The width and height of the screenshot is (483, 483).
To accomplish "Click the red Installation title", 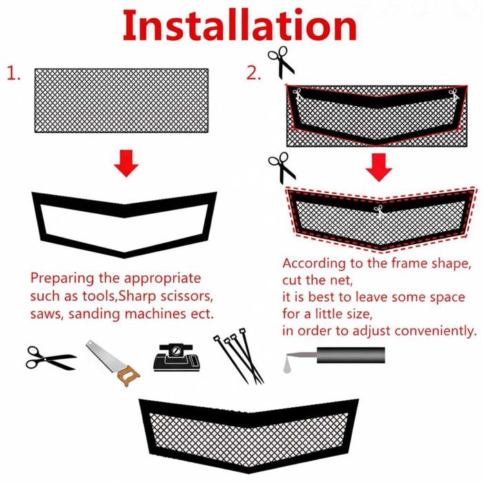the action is tap(239, 26).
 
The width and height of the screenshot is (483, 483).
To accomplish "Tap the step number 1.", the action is tap(14, 74).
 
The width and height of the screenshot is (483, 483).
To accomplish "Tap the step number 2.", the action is tap(253, 74).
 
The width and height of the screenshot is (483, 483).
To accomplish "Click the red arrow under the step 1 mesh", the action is tap(126, 164).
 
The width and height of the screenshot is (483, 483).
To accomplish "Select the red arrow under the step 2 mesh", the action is tap(379, 167).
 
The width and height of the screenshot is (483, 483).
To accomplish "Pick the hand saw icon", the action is tap(112, 363).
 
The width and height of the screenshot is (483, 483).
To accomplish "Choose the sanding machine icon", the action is tap(177, 357).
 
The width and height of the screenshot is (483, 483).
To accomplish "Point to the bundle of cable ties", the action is tap(239, 356).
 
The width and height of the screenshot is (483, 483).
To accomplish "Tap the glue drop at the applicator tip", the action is tap(287, 368).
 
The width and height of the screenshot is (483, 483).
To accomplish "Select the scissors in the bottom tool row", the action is tap(51, 358).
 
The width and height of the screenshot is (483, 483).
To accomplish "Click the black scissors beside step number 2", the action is tap(281, 62).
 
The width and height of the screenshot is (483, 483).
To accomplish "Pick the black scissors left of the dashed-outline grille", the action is tap(282, 168).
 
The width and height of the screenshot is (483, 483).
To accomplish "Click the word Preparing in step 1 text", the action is tap(62, 279).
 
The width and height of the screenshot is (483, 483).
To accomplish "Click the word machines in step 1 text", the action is tap(155, 314).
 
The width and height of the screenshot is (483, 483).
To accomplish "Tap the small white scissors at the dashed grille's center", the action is tap(379, 211).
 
